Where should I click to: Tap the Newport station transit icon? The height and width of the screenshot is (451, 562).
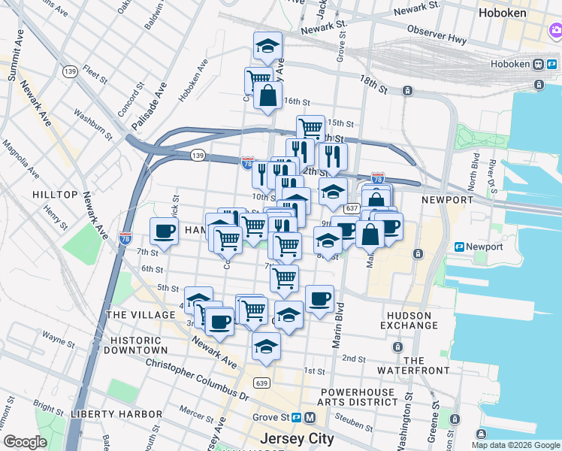click(459, 247)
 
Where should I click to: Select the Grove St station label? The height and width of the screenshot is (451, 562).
click(269, 417)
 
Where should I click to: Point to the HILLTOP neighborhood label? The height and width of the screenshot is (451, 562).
click(55, 195)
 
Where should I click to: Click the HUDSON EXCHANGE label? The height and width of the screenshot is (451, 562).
click(409, 320)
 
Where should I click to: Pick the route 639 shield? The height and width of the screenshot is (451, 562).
click(261, 383)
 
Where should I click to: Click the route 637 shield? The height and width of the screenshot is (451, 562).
click(352, 208)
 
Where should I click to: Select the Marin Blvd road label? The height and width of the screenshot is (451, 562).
click(338, 325)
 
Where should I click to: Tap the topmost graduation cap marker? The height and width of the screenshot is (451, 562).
click(267, 46)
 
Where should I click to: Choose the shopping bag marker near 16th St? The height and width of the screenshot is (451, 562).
click(267, 95)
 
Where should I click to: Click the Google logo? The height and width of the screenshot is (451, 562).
click(25, 442)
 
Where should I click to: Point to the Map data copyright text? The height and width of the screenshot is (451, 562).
click(515, 445)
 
